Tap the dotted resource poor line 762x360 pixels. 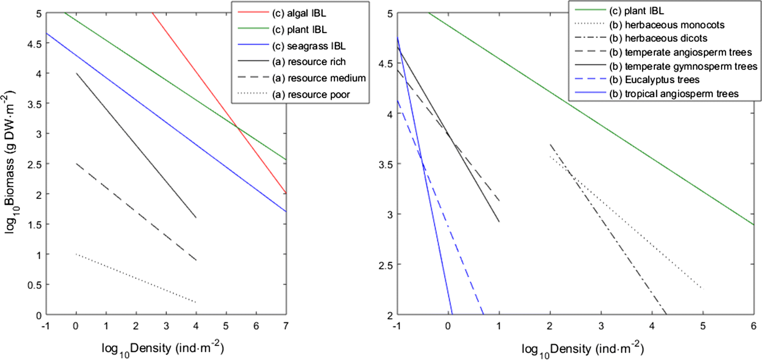click(x=136, y=278)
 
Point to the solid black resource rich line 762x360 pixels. click(x=136, y=145)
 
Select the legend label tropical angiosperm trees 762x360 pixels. click(x=681, y=94)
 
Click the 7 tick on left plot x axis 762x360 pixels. click(x=286, y=326)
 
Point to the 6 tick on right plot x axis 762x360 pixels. click(x=753, y=326)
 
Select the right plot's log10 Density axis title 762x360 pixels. click(x=582, y=349)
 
